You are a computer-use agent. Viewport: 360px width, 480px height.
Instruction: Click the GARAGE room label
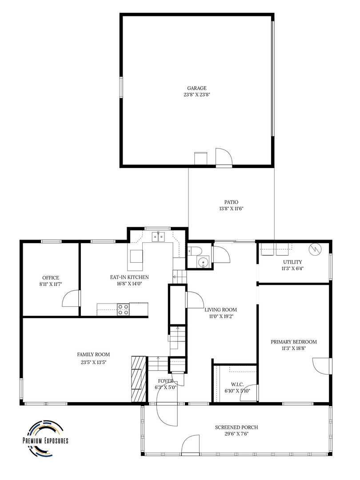(x=196, y=88)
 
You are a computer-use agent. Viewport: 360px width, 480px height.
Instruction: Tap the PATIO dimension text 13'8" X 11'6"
(x=231, y=208)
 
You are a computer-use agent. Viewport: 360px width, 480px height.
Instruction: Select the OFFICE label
(x=51, y=278)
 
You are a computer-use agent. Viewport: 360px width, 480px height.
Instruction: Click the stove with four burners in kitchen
(x=123, y=309)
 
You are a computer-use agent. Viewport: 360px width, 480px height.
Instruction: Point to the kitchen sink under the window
(x=158, y=236)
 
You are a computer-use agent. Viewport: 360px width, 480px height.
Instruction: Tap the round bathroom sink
(x=204, y=262)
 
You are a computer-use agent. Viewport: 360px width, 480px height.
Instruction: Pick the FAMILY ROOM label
(x=93, y=354)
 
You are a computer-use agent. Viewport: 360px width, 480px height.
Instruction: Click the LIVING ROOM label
(x=220, y=310)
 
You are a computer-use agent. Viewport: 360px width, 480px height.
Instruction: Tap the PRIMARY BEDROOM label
(x=294, y=342)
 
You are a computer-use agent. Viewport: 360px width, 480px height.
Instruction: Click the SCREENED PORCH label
(x=236, y=427)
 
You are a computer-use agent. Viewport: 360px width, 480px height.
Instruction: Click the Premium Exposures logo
(x=45, y=437)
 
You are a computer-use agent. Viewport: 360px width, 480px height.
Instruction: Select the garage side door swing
(x=224, y=156)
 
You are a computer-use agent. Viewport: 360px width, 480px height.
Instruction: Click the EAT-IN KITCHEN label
(x=129, y=277)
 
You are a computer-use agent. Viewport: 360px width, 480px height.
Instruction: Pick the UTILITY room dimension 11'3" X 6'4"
(x=292, y=268)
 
